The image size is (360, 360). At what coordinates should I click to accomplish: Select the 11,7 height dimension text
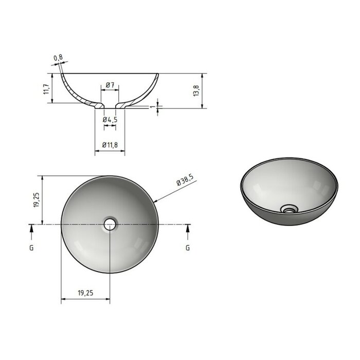pos(46,88)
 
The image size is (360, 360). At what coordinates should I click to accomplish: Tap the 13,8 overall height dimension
pos(195,91)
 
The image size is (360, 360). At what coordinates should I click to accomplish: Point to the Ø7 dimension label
pos(110,84)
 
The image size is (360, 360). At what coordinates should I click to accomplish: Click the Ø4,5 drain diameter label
pos(110,119)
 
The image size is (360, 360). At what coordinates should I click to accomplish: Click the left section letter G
pos(31,247)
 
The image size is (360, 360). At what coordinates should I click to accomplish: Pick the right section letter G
pos(188,247)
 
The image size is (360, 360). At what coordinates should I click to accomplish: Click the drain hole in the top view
pos(110,224)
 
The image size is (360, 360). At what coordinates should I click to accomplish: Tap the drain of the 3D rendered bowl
pos(290,209)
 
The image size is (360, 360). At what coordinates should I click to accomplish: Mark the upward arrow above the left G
pos(31,231)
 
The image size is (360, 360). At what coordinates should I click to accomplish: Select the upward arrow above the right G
pos(188,231)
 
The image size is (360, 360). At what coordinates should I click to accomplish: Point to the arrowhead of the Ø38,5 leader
pos(155,201)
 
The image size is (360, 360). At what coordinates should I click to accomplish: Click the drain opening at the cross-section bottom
pos(110,106)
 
